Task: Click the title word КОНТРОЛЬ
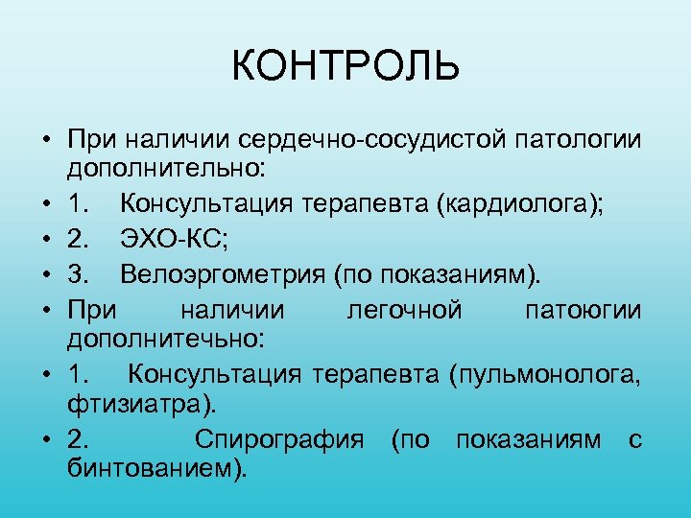(345, 67)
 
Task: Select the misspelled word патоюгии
(584, 312)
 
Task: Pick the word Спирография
(279, 440)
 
